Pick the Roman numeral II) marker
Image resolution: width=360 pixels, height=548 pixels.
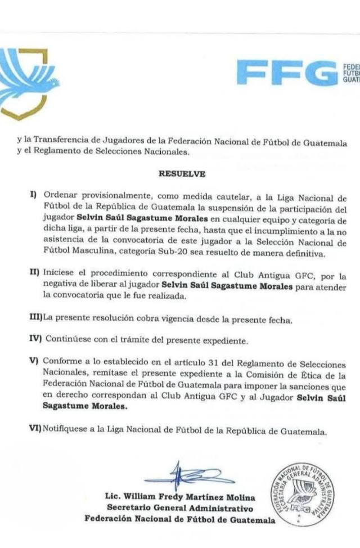(34, 273)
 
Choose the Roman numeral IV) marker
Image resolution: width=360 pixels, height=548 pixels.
(35, 340)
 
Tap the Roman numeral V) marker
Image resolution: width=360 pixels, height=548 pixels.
(34, 360)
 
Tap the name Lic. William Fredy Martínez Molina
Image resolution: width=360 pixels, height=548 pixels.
(180, 497)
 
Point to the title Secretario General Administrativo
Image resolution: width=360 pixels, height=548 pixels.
(180, 509)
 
